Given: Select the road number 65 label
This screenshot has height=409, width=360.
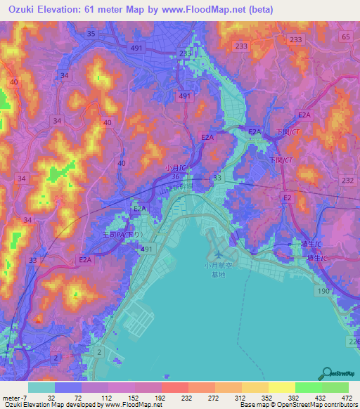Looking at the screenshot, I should click(345, 36).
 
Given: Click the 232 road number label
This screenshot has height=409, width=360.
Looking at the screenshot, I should click(348, 181).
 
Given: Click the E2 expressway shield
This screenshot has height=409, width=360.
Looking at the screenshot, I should click(287, 199).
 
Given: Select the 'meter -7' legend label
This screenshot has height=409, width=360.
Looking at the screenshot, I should click(13, 397).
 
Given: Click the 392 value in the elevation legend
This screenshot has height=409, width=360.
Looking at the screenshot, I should click(290, 397).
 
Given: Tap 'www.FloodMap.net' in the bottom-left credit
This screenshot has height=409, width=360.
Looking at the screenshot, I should click(133, 405).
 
